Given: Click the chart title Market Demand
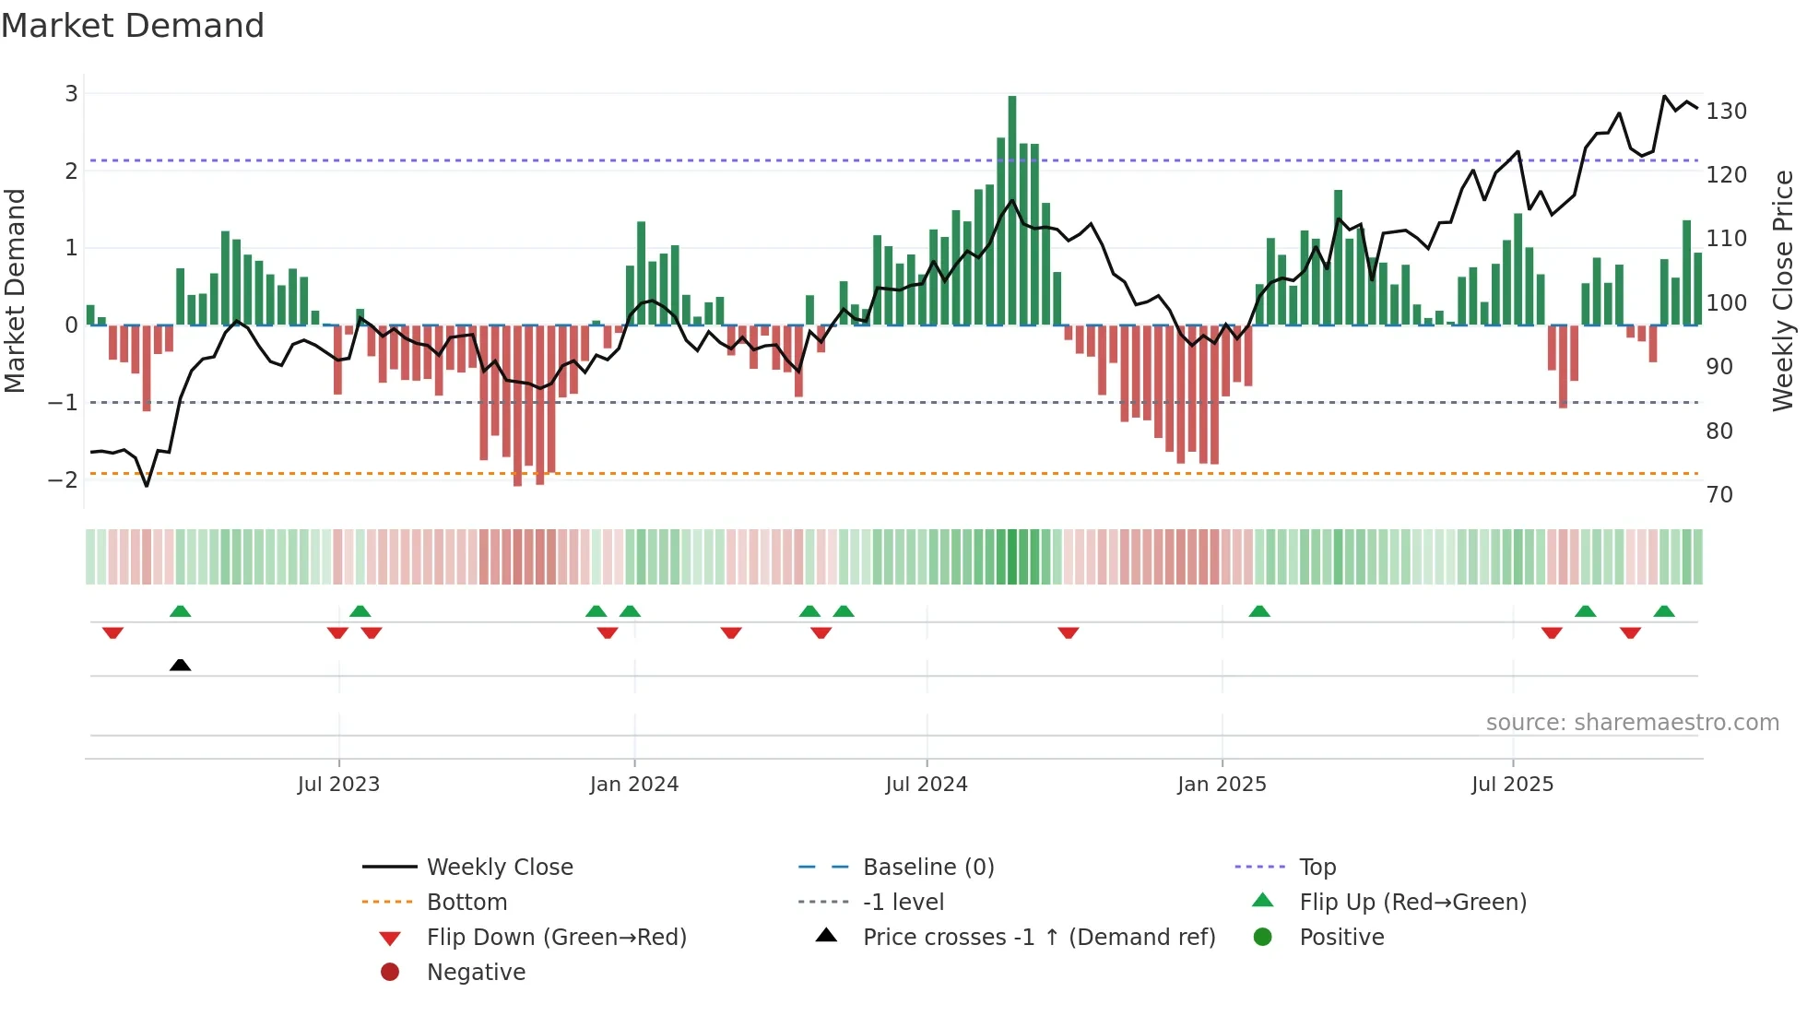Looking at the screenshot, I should [x=133, y=26].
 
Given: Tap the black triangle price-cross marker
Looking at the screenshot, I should [x=181, y=665].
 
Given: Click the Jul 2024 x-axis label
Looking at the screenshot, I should [x=927, y=785].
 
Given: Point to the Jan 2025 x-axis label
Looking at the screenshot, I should [x=1222, y=785].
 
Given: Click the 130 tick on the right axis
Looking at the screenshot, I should [x=1726, y=112].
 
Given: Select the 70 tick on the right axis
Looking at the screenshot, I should [x=1719, y=495].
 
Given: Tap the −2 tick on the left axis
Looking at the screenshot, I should [x=63, y=479].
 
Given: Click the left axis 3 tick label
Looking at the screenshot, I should [x=71, y=93].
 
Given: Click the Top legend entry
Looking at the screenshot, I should [x=1317, y=868].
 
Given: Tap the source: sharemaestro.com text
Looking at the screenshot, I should [x=1632, y=723].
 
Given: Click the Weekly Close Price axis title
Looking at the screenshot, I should [x=1783, y=290].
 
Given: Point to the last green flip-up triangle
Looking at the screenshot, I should [x=1664, y=611].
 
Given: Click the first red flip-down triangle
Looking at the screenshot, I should [x=112, y=632].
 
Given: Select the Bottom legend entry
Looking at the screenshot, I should [x=467, y=903].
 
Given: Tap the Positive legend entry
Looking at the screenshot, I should [x=1341, y=938].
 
